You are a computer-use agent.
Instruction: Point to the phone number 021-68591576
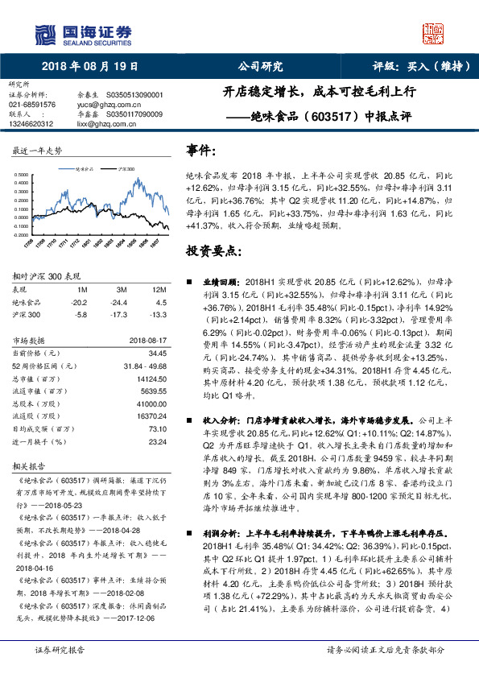[33, 105]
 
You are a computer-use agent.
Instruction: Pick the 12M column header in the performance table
[159, 288]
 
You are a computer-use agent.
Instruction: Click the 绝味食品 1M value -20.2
[80, 302]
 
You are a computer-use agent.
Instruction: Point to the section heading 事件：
[201, 151]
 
